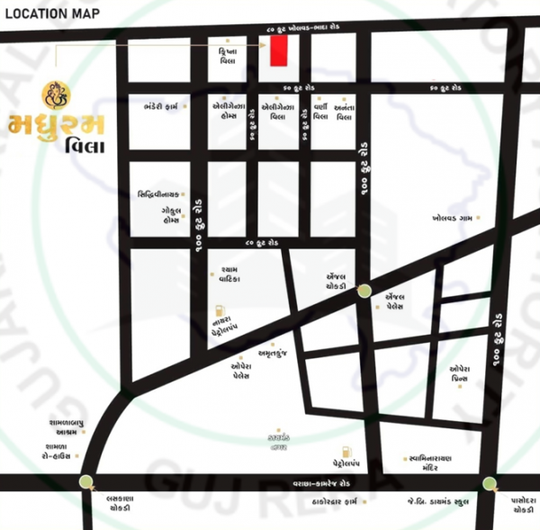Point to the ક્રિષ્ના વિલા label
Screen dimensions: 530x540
pyautogui.click(x=227, y=56)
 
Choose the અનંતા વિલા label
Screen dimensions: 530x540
pyautogui.click(x=345, y=112)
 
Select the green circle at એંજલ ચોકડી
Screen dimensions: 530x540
pyautogui.click(x=364, y=290)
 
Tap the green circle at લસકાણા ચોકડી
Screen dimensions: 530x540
pyautogui.click(x=85, y=482)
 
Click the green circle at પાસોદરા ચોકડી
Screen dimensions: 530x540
pyautogui.click(x=489, y=483)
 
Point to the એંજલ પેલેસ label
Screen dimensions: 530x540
pyautogui.click(x=397, y=301)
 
